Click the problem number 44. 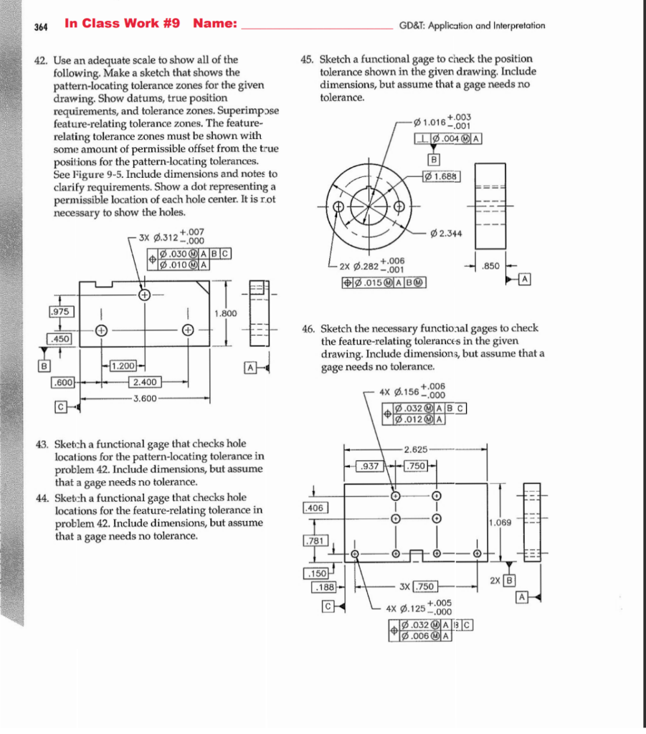point(42,497)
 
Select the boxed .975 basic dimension point(59,313)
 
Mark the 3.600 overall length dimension point(145,396)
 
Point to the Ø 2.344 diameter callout point(446,234)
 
